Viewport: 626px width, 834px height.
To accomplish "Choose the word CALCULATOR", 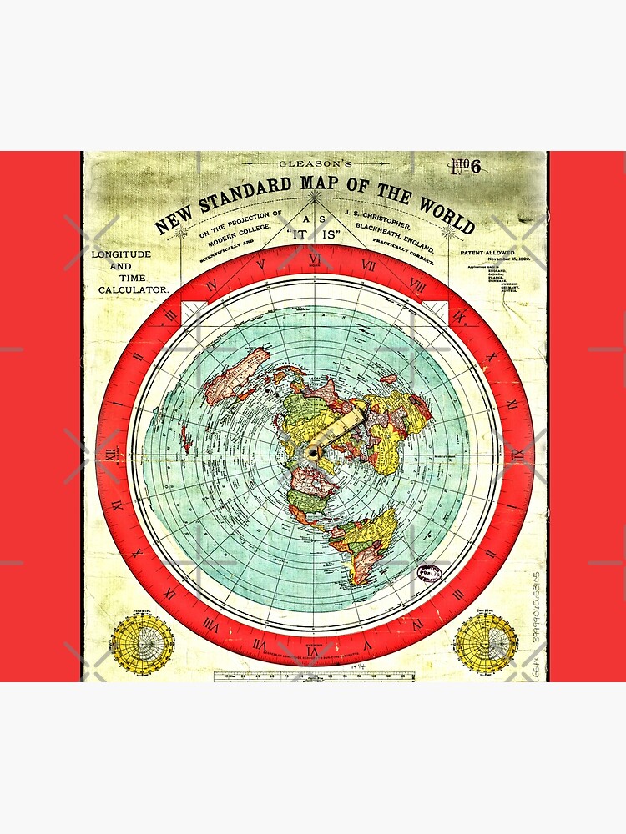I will click(x=134, y=289).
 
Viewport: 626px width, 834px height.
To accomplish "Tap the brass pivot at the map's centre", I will click(x=314, y=451).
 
